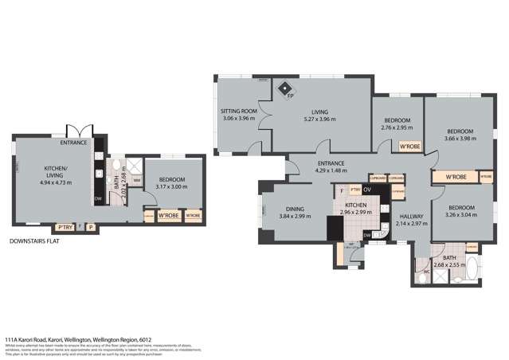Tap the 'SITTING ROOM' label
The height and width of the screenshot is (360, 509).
pyautogui.click(x=239, y=112)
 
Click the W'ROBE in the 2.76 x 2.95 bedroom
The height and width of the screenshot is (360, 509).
pyautogui.click(x=409, y=147)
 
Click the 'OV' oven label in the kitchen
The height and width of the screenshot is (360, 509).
pyautogui.click(x=367, y=191)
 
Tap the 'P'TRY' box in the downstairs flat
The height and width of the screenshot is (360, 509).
pyautogui.click(x=65, y=226)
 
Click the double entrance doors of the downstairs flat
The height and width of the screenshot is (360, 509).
pyautogui.click(x=73, y=131)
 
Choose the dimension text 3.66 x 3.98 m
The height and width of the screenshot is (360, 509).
pyautogui.click(x=460, y=138)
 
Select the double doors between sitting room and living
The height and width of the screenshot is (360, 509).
pyautogui.click(x=268, y=119)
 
